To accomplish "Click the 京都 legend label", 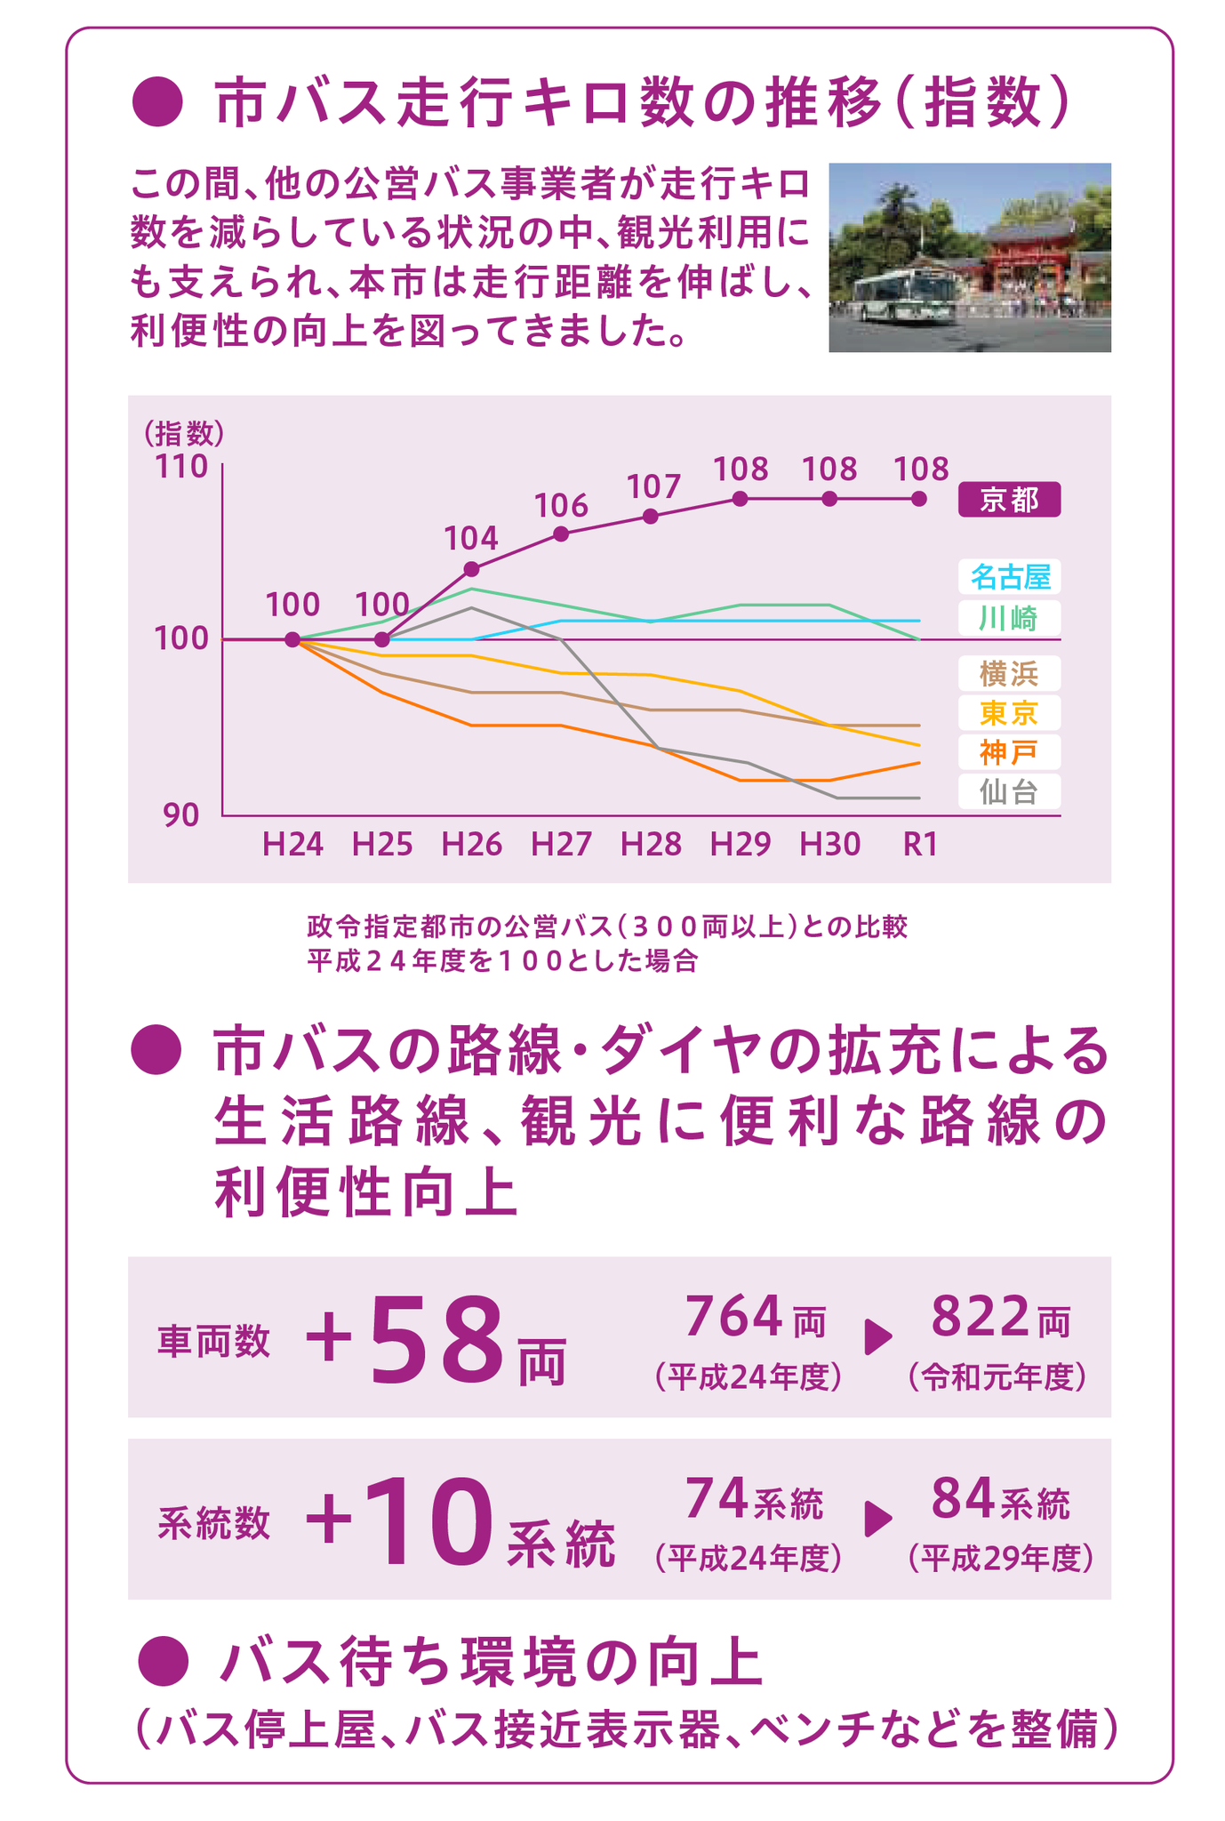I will [1008, 500].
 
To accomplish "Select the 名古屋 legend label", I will [1008, 577].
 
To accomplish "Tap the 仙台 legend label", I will [1008, 790].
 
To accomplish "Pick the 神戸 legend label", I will [1008, 751].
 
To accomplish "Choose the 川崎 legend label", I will [1008, 617].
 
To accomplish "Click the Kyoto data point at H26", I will [471, 569].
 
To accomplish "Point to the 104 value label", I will [470, 538].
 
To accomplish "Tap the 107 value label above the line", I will [653, 486].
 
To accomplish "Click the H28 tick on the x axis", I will [651, 843].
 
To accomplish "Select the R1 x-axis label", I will [920, 843].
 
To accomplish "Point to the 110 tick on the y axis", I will [182, 466].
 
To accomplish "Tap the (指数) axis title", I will [184, 433].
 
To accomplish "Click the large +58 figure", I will [405, 1339].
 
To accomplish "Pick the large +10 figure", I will [399, 1521].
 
